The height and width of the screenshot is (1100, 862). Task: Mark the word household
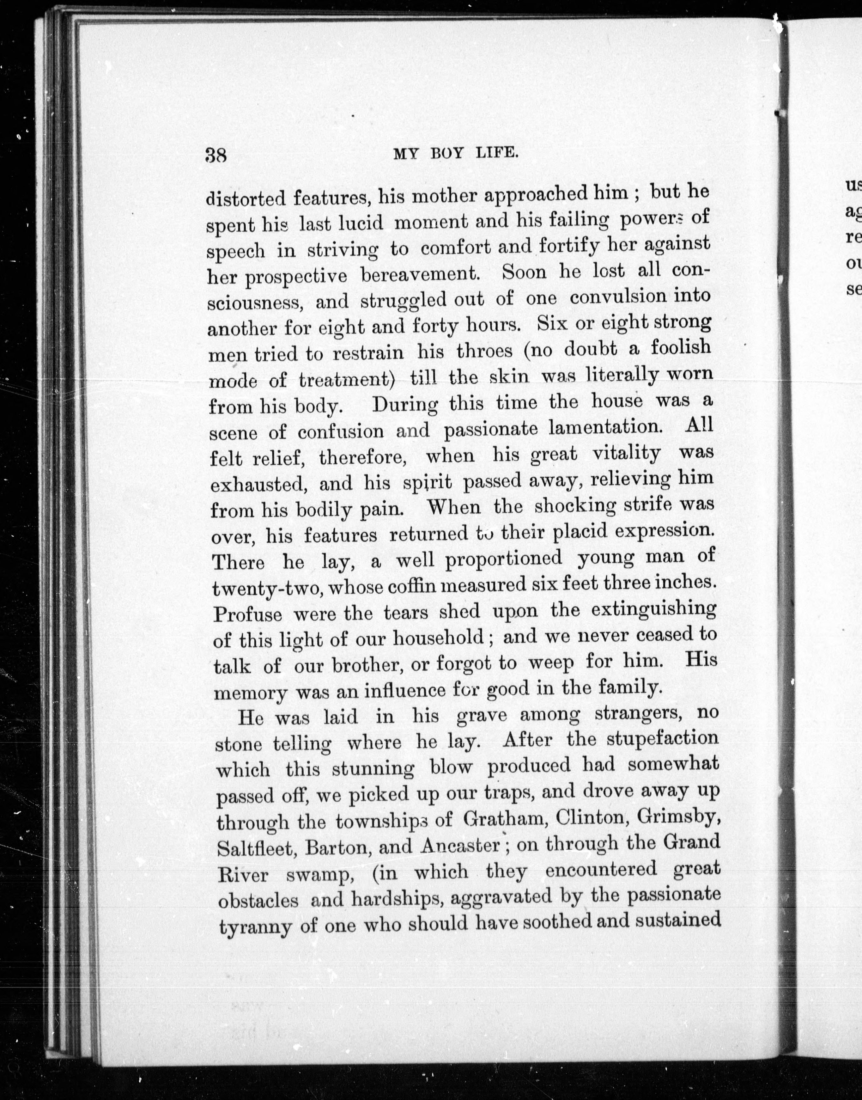[438, 638]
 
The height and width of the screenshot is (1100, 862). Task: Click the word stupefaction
[662, 739]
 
